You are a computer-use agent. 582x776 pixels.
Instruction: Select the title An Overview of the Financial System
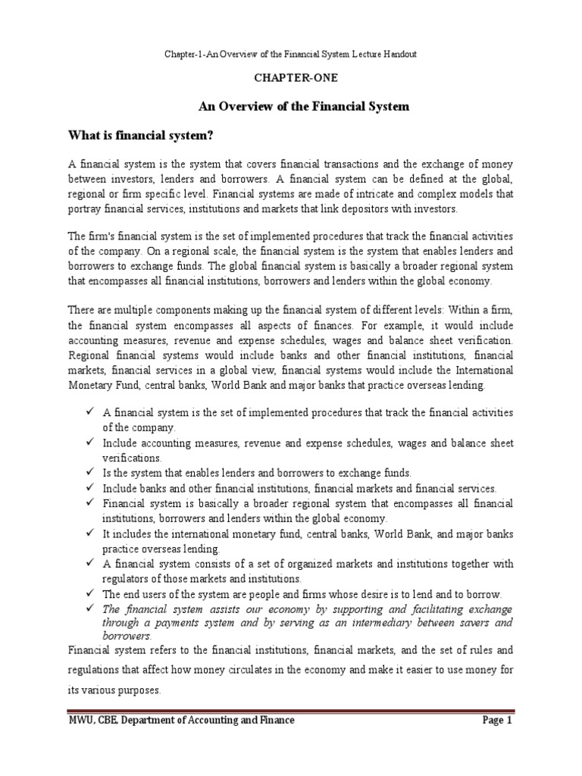point(303,107)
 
